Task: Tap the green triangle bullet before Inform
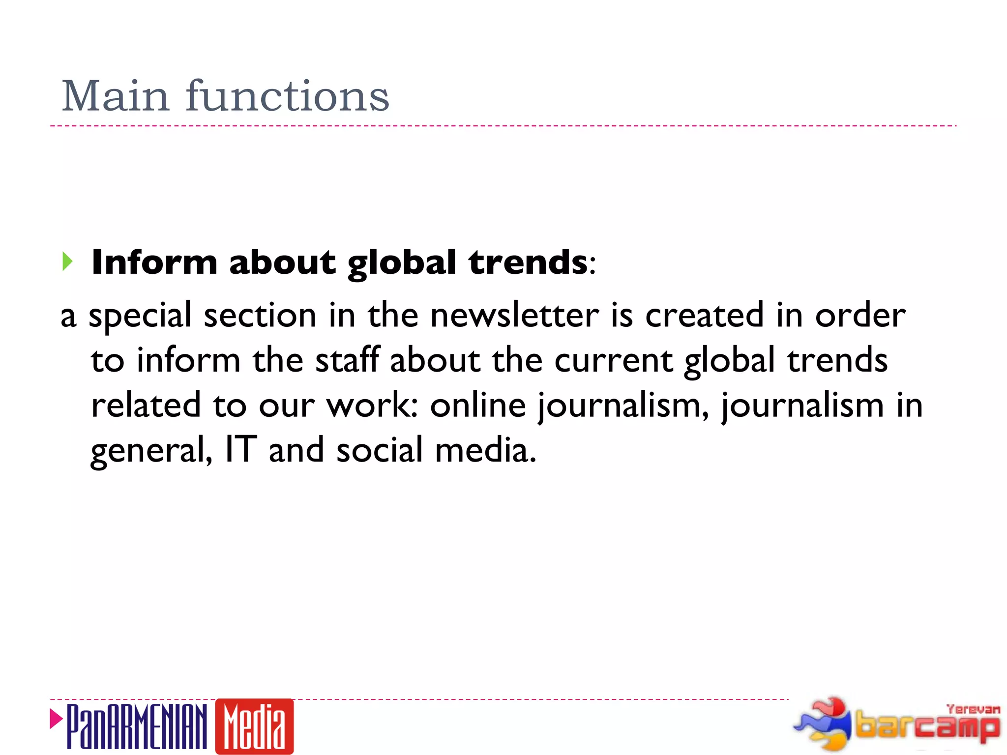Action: pos(67,261)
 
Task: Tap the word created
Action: pos(704,315)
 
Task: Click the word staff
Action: pos(347,360)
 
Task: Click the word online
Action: pos(478,405)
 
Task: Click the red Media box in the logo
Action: pos(254,726)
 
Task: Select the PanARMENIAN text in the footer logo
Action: pos(137,726)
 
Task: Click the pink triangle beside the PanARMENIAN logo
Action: pos(56,719)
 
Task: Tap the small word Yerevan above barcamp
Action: pos(973,709)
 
